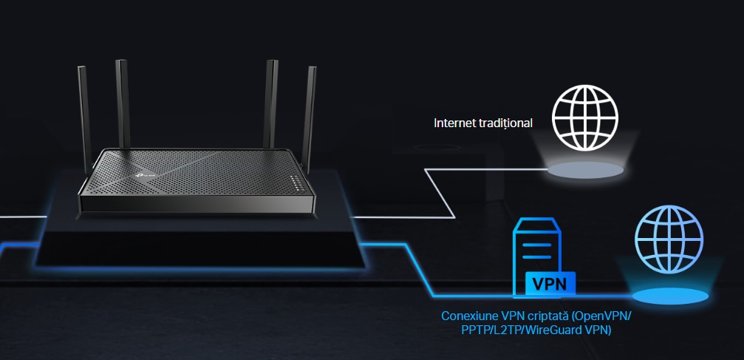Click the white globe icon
tap(584, 118)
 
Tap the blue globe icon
tap(669, 239)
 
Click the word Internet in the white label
tap(454, 123)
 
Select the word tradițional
tap(504, 123)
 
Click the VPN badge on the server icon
tap(550, 284)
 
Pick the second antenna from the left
tap(123, 104)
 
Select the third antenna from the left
tap(271, 104)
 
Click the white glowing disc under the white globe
tap(584, 170)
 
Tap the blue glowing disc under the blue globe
tap(670, 296)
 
